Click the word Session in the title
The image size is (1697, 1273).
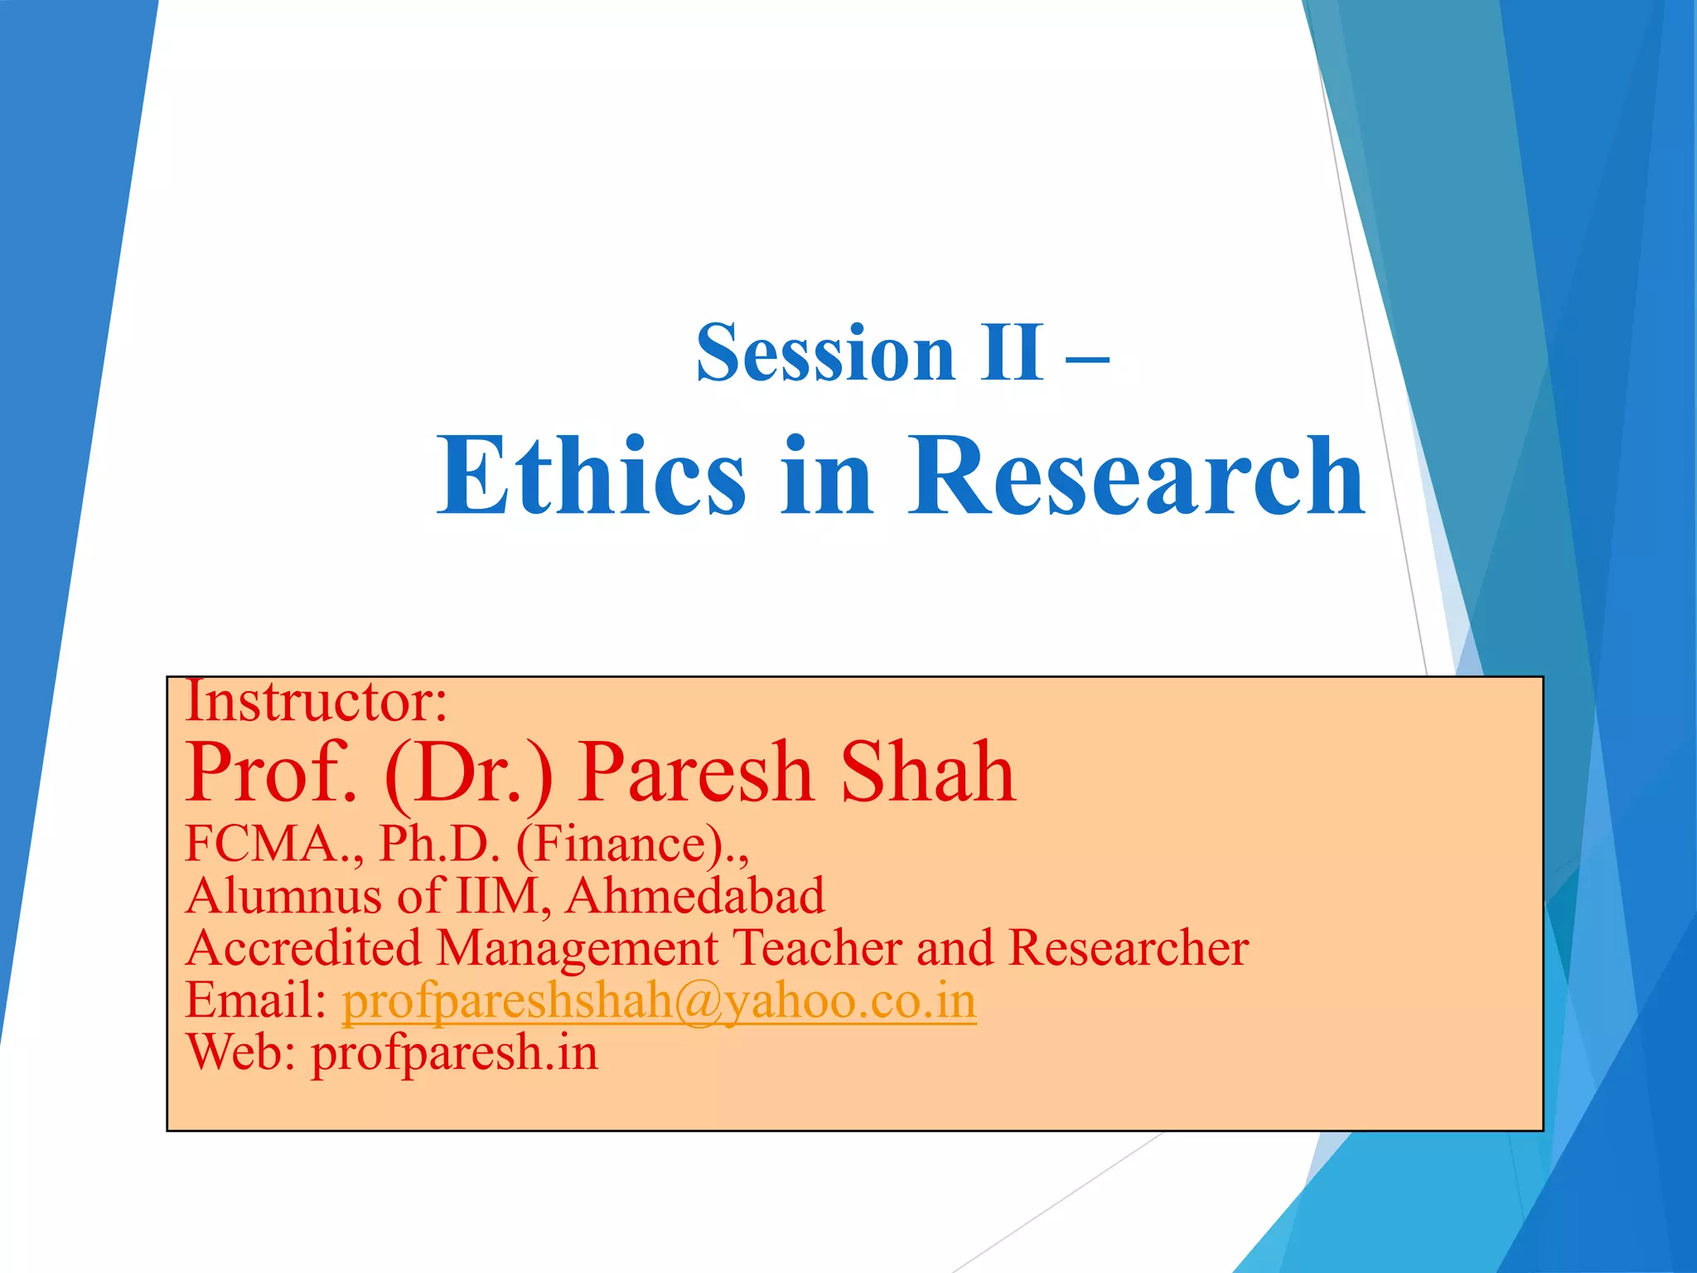(x=825, y=355)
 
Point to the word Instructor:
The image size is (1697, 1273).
(x=316, y=701)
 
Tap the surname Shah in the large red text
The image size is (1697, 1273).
(x=928, y=772)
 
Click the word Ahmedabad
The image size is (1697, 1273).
(x=695, y=896)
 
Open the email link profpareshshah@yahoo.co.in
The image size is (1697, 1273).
(x=659, y=1001)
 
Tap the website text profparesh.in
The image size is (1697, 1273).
(x=454, y=1053)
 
